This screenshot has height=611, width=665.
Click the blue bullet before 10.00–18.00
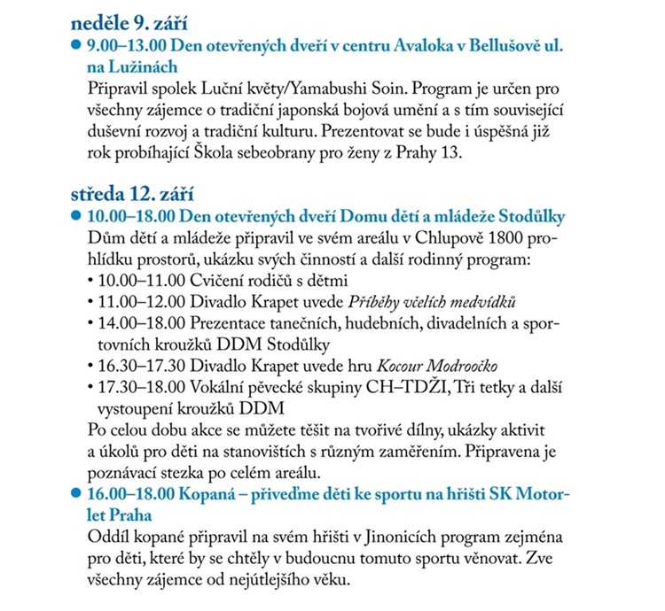(77, 216)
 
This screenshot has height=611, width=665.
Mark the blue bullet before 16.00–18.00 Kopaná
(77, 494)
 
